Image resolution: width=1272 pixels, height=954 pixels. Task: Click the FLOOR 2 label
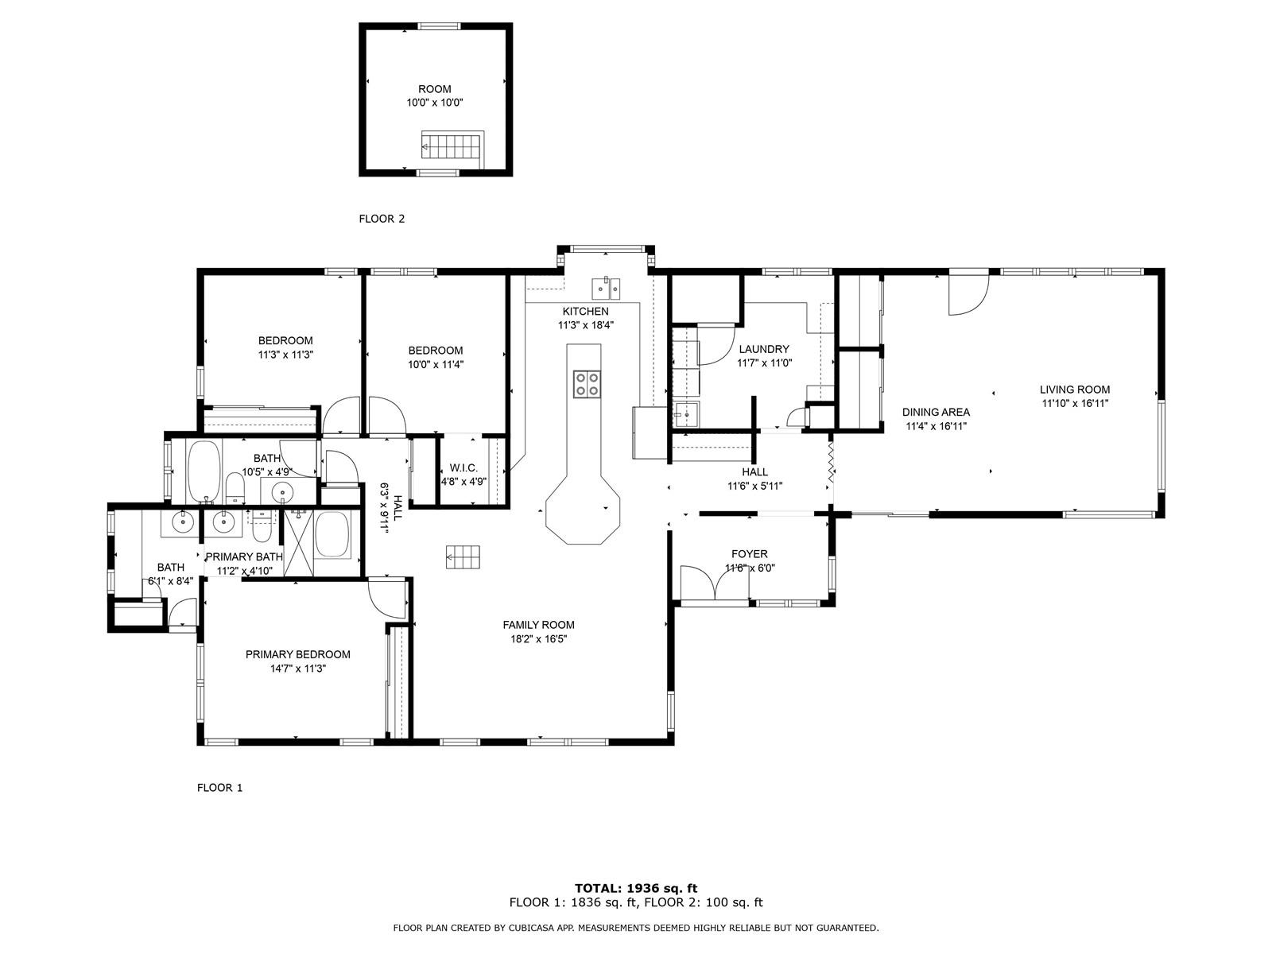[382, 219]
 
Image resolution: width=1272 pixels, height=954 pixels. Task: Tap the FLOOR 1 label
[219, 787]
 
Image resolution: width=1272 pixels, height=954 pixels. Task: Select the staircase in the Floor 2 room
[452, 149]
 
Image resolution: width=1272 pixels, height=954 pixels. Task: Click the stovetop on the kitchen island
[587, 384]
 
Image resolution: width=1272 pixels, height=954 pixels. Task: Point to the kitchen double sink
[606, 287]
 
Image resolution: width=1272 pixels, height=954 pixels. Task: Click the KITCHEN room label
[585, 311]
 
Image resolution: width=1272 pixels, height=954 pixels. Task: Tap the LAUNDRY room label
[764, 349]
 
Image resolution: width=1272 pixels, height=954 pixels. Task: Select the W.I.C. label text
[463, 467]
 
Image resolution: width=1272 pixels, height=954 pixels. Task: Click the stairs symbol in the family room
[463, 556]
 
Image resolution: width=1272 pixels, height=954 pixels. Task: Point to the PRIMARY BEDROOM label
[298, 654]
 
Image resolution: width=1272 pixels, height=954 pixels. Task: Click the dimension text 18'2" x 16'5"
[538, 639]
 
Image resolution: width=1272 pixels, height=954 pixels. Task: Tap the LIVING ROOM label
[1074, 390]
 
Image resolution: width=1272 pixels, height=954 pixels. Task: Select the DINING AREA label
[936, 412]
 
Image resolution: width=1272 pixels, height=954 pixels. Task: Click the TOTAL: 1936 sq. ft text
[636, 888]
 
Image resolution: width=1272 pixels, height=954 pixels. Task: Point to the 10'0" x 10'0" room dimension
[435, 103]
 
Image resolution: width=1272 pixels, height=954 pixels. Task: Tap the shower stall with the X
[298, 542]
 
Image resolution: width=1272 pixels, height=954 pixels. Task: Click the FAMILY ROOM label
[538, 624]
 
